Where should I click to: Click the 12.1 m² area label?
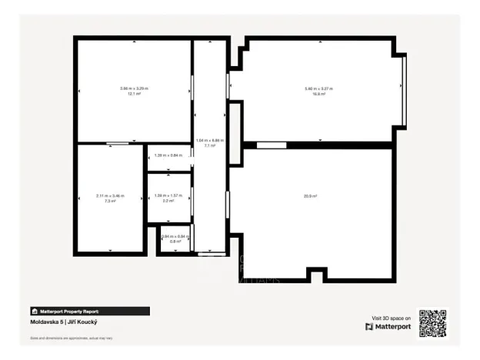point(134,94)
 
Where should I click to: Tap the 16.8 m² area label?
point(319,94)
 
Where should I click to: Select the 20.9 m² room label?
point(311,196)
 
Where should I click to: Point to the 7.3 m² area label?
point(110,201)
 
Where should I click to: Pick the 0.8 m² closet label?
point(175,242)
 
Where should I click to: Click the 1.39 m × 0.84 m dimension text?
point(168,155)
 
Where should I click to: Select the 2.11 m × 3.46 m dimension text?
point(110,195)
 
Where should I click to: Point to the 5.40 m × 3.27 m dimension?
point(319,88)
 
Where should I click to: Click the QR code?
point(432,323)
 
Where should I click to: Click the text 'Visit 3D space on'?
point(392,317)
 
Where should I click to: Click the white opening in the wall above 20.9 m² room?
point(271,145)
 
